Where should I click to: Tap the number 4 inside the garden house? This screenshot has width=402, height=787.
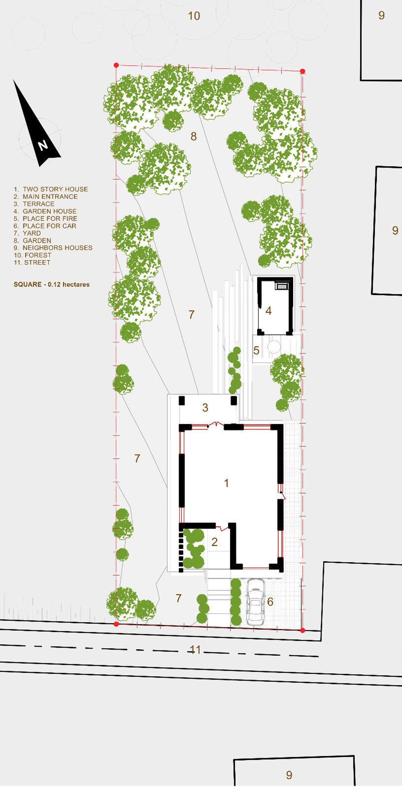coord(269,311)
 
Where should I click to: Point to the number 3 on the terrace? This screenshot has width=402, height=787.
coord(205,408)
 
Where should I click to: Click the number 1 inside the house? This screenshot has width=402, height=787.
coord(226,483)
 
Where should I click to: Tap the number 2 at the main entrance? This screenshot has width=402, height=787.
coord(214,542)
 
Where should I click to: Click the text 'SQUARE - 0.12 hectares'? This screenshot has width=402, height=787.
coord(51,285)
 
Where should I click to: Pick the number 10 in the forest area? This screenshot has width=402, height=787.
coord(194,16)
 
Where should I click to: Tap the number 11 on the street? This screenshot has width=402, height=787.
coord(195,650)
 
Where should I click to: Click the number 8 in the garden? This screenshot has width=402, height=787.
coord(194,136)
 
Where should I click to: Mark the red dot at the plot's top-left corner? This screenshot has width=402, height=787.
coord(116,65)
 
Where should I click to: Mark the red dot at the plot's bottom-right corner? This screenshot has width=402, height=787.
coord(303,630)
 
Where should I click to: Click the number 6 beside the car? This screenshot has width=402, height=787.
coord(270,601)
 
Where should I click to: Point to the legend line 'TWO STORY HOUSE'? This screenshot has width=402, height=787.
coord(51,189)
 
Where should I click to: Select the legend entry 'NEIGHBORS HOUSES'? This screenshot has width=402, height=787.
coord(53,248)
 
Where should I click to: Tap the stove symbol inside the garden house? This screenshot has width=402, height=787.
coord(281,285)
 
